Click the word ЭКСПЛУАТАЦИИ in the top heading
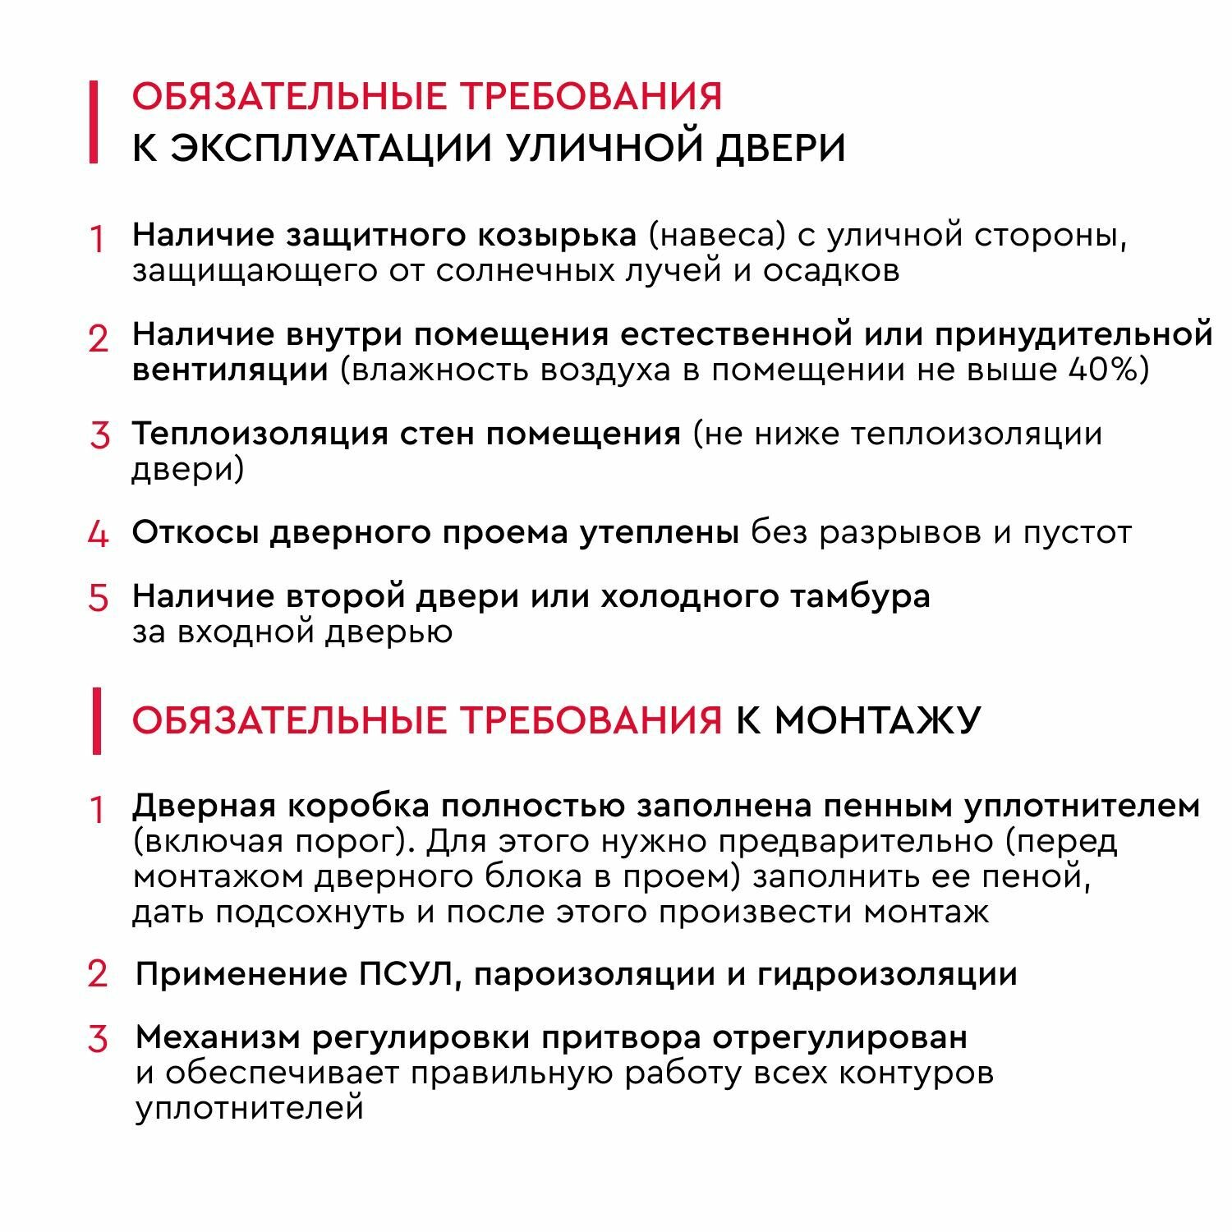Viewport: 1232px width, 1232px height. [331, 149]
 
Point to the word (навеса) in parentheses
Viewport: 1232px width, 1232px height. [712, 236]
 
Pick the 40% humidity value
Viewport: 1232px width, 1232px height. [1108, 370]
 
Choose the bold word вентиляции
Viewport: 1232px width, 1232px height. [230, 370]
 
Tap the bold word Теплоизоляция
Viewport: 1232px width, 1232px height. [260, 434]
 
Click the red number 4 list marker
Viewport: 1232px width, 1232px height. [98, 535]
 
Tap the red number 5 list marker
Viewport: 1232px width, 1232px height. [98, 598]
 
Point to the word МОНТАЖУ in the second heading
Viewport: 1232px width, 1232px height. [877, 720]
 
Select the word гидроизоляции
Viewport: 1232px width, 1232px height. [887, 975]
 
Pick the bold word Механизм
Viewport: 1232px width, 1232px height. [217, 1038]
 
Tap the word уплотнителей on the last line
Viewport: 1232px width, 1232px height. [249, 1109]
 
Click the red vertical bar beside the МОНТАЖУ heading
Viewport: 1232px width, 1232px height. [96, 720]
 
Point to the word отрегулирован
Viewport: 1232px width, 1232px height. [839, 1038]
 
